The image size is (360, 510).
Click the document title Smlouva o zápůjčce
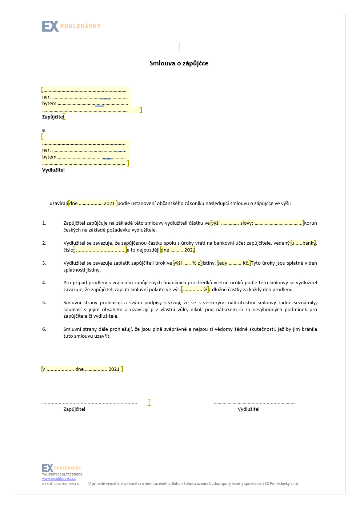click(x=179, y=63)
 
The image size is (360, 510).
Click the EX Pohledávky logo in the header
click(x=71, y=26)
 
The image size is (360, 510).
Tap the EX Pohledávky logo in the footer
click(x=61, y=468)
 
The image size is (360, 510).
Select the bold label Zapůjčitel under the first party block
click(x=53, y=117)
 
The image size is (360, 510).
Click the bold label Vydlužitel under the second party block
click(x=53, y=170)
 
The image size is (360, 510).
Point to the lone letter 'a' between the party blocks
click(x=44, y=130)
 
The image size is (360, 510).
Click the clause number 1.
click(x=44, y=223)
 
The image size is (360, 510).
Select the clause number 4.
click(x=44, y=283)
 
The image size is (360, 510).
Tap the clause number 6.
click(x=44, y=329)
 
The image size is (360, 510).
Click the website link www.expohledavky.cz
click(x=59, y=479)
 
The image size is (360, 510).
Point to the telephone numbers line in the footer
click(x=62, y=474)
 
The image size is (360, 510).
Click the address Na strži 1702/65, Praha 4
click(x=60, y=484)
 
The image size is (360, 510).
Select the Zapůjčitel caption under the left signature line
click(x=74, y=409)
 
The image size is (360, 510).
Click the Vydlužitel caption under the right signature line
click(x=248, y=409)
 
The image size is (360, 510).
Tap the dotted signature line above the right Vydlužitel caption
click(x=255, y=403)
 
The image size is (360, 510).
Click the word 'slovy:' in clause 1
click(x=247, y=223)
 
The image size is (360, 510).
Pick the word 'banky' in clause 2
click(x=309, y=243)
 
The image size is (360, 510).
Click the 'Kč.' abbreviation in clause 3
click(x=246, y=263)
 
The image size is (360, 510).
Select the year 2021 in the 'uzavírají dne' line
click(x=109, y=204)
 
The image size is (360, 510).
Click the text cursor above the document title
click(x=180, y=47)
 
